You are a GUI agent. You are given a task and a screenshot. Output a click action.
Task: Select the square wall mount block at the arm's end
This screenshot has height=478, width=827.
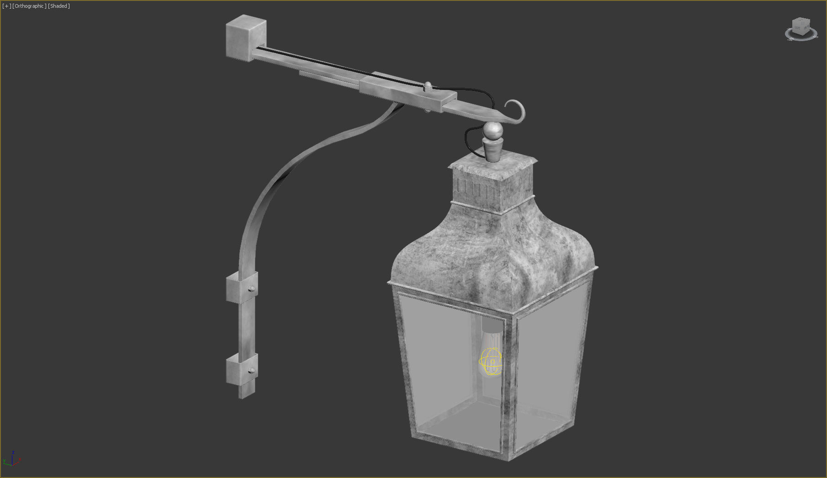click(x=246, y=38)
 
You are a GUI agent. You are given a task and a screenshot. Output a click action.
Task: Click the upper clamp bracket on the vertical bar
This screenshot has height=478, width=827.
click(x=241, y=287)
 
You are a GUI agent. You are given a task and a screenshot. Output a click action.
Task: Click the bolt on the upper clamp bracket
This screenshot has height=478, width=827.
click(x=252, y=289)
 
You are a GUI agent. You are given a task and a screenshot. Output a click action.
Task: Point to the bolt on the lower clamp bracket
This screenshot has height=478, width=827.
click(x=252, y=370)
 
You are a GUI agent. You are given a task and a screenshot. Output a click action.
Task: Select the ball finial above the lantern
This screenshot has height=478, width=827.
click(x=493, y=131)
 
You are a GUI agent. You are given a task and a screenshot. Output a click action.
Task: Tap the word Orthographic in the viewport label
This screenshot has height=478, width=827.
click(x=30, y=6)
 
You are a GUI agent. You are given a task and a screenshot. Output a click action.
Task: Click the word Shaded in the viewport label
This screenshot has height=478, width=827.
click(x=59, y=6)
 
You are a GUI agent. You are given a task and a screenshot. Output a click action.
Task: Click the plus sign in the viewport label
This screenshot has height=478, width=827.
click(x=6, y=6)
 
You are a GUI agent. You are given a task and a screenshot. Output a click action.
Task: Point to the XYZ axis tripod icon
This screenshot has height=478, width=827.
click(x=12, y=458)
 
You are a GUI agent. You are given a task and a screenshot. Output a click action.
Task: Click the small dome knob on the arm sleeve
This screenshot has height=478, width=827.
click(x=428, y=85)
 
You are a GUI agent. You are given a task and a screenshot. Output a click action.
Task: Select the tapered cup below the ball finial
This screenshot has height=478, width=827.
click(x=493, y=149)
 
